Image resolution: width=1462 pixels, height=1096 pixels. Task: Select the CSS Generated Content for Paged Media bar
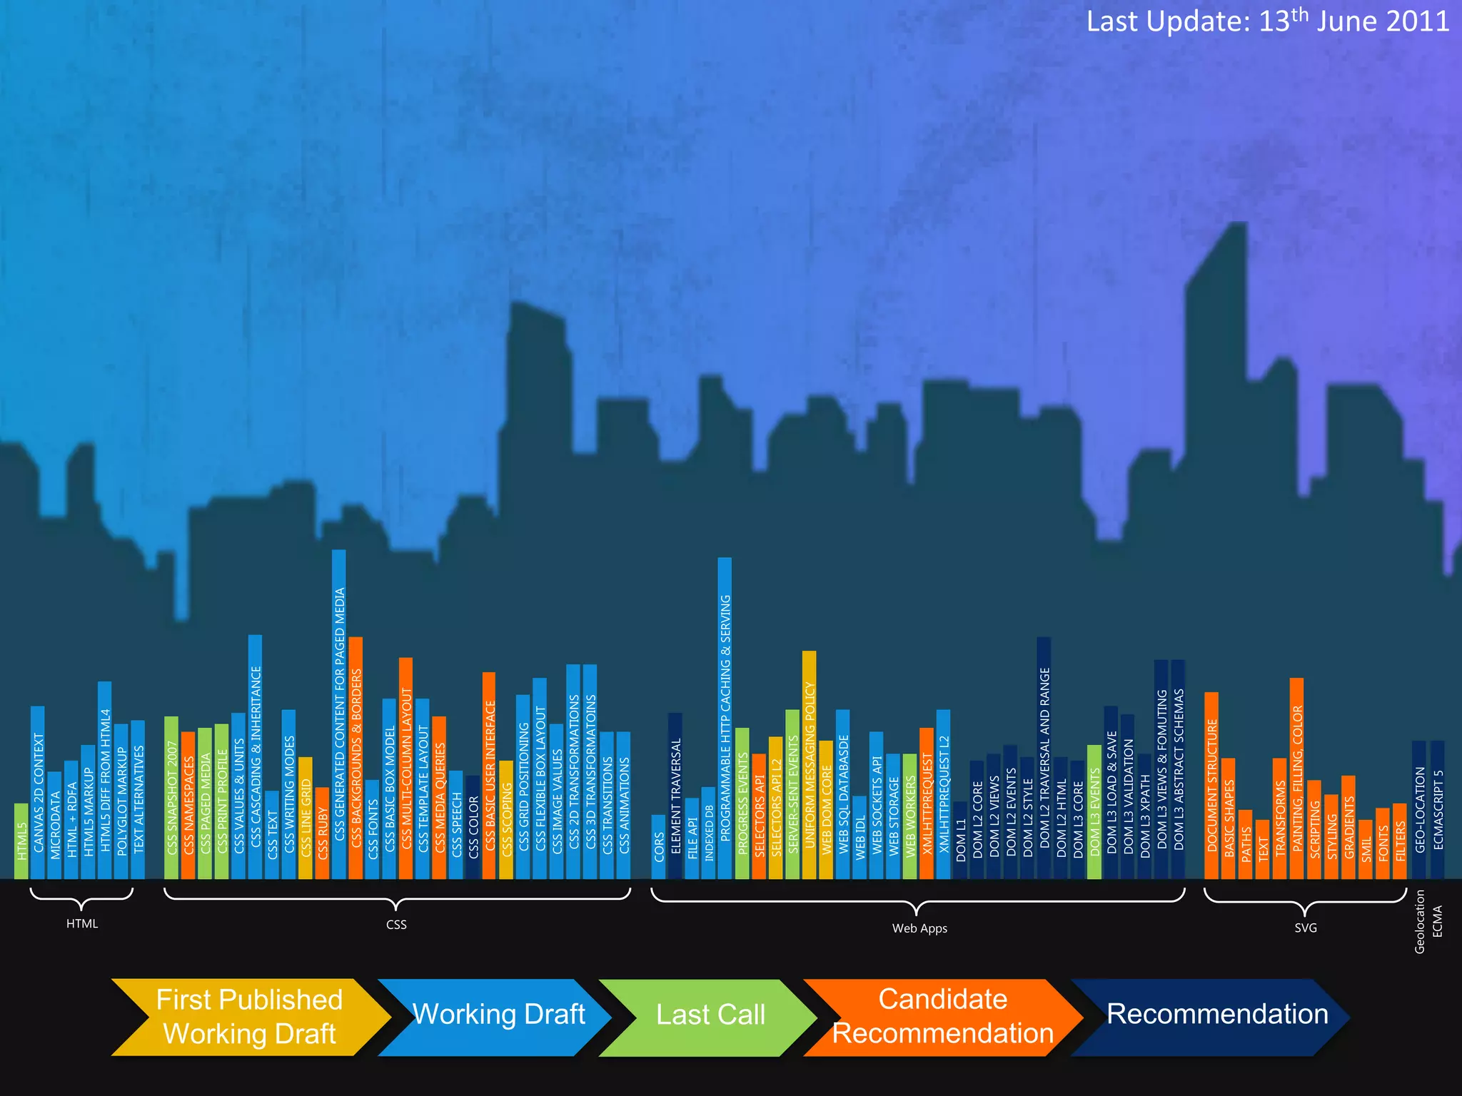[339, 714]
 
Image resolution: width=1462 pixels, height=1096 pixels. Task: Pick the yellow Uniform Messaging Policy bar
[809, 763]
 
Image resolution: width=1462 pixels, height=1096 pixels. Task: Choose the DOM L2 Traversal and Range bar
[1044, 756]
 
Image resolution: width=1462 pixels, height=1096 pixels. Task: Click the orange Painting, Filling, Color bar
[1296, 778]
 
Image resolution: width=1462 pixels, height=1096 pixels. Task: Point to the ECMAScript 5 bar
[1438, 810]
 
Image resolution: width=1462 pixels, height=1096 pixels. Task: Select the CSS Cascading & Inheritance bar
[255, 756]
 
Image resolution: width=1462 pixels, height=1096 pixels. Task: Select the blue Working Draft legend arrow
[498, 1017]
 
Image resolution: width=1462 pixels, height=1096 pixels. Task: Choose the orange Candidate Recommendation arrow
[942, 1017]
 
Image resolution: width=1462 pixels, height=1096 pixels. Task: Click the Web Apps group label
[919, 928]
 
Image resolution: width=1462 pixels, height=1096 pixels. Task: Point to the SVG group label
[1305, 928]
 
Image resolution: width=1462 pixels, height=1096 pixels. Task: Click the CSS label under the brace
[396, 925]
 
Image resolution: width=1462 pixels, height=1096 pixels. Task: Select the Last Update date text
[1267, 21]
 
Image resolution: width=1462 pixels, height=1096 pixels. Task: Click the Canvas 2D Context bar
[38, 792]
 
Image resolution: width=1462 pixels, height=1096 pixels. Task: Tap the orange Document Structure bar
[1211, 785]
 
